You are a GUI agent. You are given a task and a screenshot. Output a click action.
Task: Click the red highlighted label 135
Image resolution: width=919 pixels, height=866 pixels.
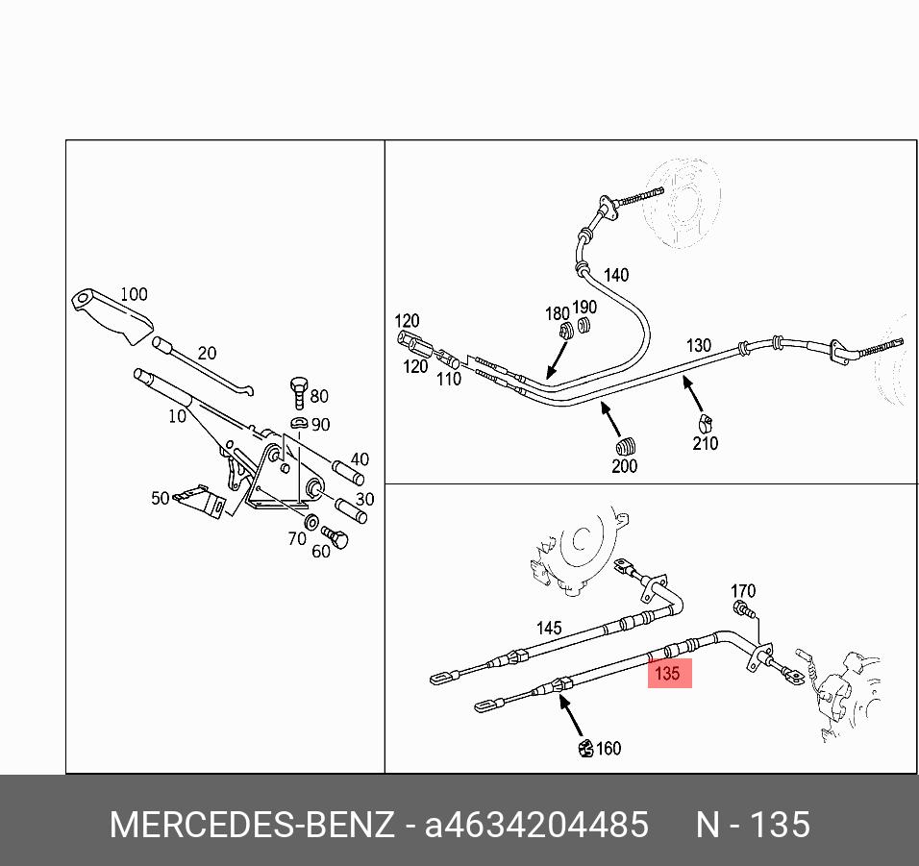point(669,673)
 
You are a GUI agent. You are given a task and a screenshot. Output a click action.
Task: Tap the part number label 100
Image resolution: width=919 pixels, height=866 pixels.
point(134,294)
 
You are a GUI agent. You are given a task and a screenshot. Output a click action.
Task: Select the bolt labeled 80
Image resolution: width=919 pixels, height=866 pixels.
point(299,392)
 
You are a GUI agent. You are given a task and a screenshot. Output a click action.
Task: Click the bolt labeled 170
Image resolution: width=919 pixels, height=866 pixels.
point(743,609)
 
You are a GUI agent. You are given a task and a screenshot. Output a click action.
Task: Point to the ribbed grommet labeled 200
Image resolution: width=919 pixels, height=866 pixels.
point(626,447)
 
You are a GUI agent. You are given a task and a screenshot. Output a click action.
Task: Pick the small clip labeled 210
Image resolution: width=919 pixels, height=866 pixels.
point(705,423)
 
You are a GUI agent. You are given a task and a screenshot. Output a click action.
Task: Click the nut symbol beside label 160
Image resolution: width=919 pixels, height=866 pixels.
point(585,748)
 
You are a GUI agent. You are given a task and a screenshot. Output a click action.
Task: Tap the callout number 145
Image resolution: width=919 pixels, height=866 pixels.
point(549,628)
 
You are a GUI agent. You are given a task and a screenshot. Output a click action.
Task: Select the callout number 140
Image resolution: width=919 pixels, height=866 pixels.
point(616,275)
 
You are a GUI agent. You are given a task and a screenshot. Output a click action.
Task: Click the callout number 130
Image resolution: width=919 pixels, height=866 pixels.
point(699,345)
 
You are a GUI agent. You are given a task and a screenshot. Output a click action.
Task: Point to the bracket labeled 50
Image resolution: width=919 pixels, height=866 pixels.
point(201,501)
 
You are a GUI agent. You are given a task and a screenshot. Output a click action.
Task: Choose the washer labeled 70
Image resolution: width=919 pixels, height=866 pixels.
point(312,520)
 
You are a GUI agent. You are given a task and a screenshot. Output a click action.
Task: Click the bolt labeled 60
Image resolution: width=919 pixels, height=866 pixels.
point(335,536)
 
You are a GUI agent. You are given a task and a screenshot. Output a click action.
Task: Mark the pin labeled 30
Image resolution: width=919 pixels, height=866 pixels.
point(351,510)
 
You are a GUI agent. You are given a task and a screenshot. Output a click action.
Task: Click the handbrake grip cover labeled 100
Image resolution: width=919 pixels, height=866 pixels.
point(112,316)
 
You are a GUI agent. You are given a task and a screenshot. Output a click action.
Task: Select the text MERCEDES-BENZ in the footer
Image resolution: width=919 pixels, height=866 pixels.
point(252,825)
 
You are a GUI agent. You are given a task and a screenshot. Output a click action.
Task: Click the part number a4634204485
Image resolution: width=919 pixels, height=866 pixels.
point(536,825)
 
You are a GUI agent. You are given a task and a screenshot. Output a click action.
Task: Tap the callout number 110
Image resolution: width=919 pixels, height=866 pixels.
point(449,379)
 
